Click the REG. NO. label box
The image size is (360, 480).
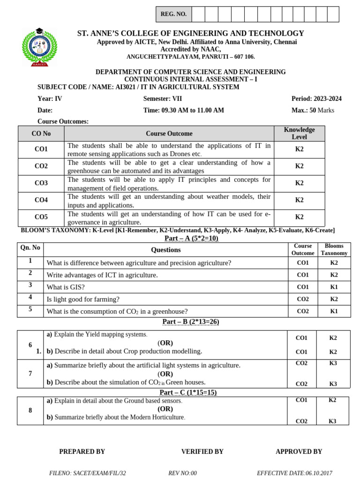coord(173,14)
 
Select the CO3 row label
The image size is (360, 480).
coord(41,183)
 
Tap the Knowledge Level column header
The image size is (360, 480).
coord(299,133)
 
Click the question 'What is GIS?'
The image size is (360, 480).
coord(66,287)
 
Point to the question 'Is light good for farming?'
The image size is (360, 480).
coord(83,299)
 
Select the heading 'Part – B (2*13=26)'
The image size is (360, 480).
coord(190,322)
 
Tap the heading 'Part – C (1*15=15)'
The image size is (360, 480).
coord(188,392)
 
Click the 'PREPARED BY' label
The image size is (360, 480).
coord(82,451)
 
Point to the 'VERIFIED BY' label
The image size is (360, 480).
coord(202,451)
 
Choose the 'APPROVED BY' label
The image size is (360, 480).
coord(299,451)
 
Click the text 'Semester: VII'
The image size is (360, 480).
coord(163,98)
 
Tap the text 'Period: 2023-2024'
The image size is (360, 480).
coord(316,98)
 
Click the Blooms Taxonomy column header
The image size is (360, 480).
coord(334,249)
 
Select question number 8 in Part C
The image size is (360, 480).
coord(30,411)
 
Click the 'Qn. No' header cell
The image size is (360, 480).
coord(30,247)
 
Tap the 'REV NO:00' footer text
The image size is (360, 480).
coord(182,473)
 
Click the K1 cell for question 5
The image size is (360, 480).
coord(334,311)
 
